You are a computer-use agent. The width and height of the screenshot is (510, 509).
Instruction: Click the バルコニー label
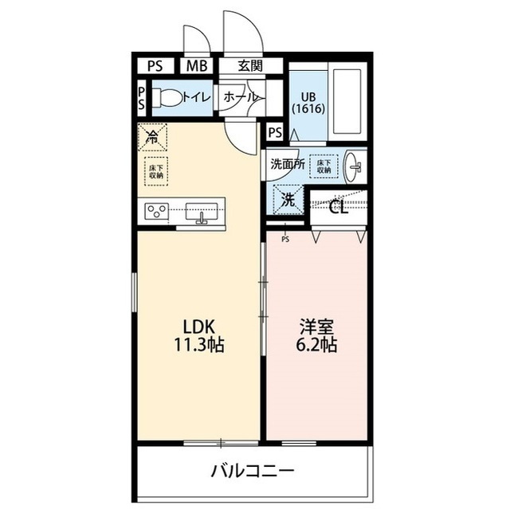coord(253,470)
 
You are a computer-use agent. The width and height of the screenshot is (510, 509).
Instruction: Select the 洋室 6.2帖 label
coord(317,336)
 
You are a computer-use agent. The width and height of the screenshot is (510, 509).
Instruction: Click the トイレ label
coord(196,97)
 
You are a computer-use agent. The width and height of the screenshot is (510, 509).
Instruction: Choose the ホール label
coord(240,97)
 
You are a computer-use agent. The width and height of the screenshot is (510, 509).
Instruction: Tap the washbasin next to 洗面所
coord(355,166)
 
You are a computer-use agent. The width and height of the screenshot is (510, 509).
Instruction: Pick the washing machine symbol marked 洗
coord(287,199)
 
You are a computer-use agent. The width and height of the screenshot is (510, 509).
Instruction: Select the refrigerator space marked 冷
coord(151,136)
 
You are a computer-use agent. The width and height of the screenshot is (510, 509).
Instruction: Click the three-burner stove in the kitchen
coord(156,212)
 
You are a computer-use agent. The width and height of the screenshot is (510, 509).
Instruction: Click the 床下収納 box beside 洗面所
coord(323,165)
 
